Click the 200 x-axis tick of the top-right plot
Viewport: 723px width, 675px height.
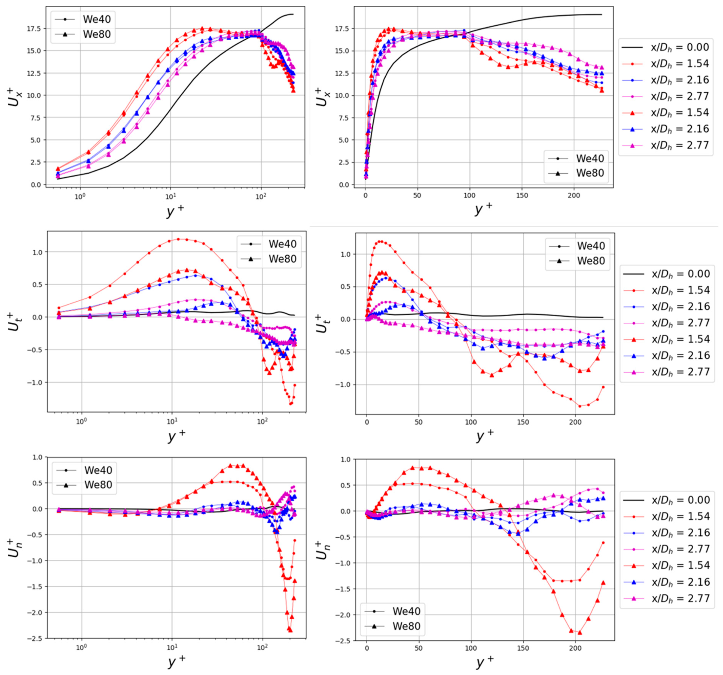coord(574,195)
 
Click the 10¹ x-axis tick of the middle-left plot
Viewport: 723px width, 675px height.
coord(172,422)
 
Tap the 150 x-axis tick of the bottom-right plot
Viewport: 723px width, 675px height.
coord(523,648)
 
